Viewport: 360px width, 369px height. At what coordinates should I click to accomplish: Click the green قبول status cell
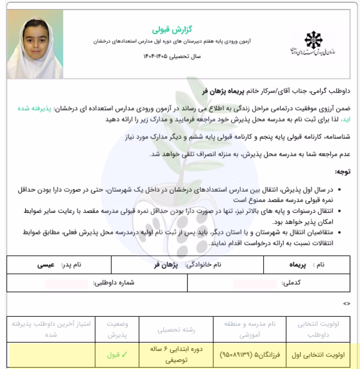[115, 355]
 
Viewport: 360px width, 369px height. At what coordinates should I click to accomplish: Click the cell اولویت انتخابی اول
[322, 355]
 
